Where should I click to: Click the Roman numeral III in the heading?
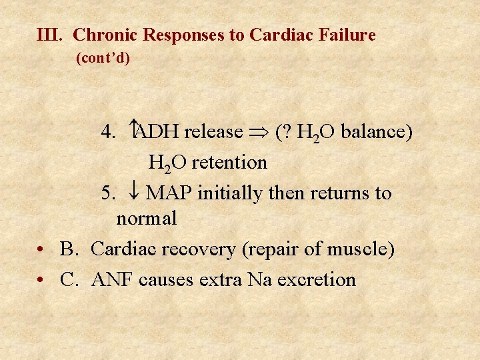pos(50,35)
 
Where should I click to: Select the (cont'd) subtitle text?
pos(103,59)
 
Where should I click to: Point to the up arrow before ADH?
pos(133,131)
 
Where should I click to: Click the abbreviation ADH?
pos(159,132)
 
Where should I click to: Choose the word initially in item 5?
pos(230,193)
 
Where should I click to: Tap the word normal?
pos(146,218)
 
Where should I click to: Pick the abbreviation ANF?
pos(113,279)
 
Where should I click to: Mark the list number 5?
pos(108,193)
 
